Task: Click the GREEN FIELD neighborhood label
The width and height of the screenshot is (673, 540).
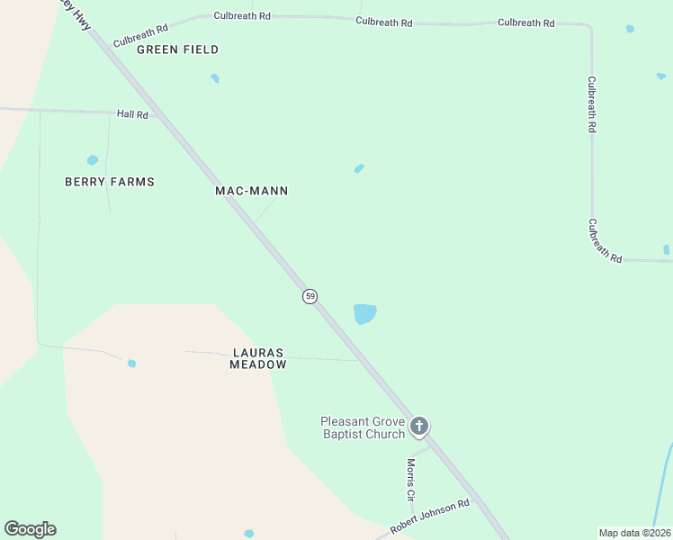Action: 177,49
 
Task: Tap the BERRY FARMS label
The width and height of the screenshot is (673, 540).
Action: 110,182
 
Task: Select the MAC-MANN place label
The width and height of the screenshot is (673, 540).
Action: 252,191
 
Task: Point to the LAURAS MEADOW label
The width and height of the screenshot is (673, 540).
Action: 258,358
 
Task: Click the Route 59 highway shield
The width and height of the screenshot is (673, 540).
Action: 310,296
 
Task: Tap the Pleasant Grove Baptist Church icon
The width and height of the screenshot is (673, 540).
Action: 418,426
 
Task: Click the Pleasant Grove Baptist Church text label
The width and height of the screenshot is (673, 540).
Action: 363,427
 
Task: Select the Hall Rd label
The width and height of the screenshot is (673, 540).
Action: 132,114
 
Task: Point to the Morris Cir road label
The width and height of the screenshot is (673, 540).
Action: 410,479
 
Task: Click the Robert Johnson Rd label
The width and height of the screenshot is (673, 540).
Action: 430,517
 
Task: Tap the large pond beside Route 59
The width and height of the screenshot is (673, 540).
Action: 364,313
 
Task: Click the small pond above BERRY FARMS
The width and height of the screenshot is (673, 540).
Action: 92,160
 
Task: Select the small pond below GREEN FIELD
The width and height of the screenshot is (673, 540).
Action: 215,78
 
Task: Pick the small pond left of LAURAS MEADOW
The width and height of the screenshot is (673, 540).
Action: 131,364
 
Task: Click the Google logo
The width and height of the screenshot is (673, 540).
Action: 30,529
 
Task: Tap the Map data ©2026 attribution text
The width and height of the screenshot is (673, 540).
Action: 634,533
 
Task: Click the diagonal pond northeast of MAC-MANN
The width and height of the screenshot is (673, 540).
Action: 359,168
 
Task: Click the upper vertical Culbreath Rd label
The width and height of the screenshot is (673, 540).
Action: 591,104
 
